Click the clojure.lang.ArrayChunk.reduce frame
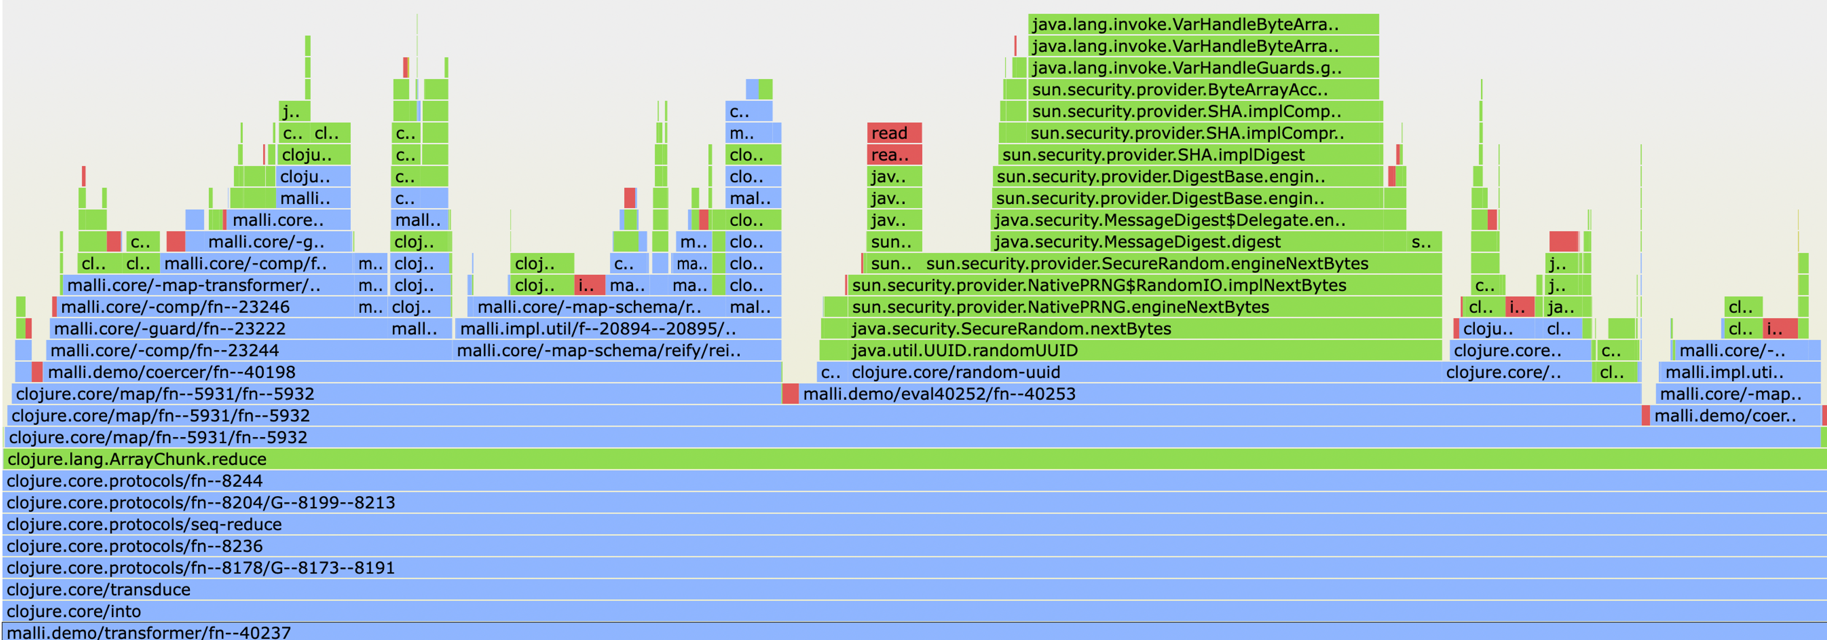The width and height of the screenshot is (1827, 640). tap(913, 459)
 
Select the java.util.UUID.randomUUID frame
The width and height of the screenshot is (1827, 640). tap(1130, 350)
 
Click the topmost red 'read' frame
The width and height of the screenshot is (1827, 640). tap(894, 133)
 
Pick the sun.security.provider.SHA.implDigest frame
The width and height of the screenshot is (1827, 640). tap(1189, 155)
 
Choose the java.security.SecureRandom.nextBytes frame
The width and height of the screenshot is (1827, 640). tap(1130, 329)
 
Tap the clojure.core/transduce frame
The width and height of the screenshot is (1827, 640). tap(913, 590)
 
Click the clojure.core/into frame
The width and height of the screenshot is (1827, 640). tap(913, 611)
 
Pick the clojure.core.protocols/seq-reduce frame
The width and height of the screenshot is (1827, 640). tap(913, 524)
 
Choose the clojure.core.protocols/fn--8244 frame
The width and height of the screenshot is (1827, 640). tap(913, 481)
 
